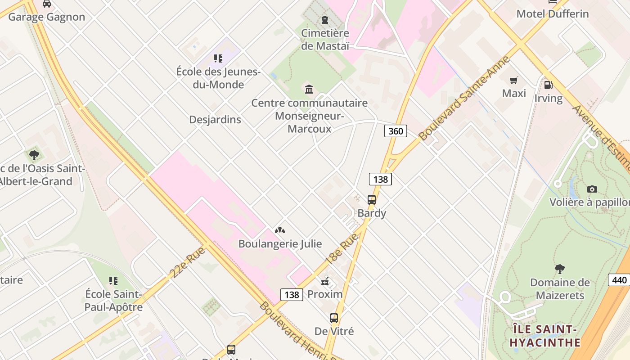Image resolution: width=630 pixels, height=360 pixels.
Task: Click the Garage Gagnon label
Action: point(46,17)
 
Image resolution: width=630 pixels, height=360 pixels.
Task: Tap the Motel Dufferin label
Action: point(552,14)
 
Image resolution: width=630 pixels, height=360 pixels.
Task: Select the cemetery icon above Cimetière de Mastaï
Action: point(324,20)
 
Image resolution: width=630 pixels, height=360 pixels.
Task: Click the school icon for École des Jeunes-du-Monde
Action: point(218,58)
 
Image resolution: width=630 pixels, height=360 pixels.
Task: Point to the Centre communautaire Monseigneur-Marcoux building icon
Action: point(309,90)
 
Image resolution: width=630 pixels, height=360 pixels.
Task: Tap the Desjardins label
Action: point(215,120)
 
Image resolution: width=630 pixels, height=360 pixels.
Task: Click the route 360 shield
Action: point(396,131)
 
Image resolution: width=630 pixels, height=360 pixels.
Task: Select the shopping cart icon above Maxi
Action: point(513,81)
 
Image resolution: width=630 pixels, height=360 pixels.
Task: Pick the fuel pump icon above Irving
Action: point(548,85)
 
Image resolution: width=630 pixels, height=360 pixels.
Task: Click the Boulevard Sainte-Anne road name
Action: point(464,98)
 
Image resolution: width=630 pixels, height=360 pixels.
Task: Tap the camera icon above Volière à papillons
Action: point(592,189)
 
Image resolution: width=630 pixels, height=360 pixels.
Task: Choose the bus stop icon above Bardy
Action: point(372,200)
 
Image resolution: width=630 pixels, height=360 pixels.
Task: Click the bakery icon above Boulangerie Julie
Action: point(280,231)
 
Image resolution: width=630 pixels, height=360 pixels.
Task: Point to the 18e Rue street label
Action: point(342,248)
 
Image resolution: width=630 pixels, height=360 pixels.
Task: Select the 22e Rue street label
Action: point(188,262)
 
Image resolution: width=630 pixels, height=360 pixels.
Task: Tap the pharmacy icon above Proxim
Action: point(325,282)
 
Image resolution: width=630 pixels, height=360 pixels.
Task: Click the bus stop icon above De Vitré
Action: point(334,318)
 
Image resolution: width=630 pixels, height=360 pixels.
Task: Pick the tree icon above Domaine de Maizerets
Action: point(560,269)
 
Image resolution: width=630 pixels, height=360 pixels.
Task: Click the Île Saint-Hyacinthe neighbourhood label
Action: point(545,336)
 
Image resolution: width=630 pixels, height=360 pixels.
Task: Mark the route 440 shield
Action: point(619,280)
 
